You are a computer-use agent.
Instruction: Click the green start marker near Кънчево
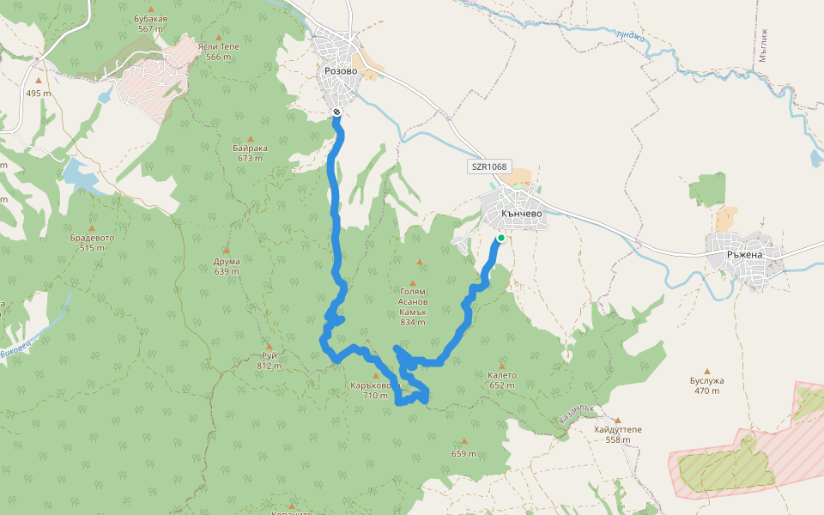coord(500,238)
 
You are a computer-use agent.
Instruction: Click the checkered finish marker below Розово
coord(336,112)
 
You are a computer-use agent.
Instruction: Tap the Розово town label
coord(341,71)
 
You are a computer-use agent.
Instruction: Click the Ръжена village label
coord(743,254)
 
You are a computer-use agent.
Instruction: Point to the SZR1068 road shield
coord(489,167)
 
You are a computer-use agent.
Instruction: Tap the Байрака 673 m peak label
coord(250,153)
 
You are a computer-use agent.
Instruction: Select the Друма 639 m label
coord(227,266)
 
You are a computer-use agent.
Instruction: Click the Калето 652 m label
coord(502,379)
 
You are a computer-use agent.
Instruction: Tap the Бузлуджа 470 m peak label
coord(707,385)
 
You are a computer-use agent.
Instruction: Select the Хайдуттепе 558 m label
coord(617,434)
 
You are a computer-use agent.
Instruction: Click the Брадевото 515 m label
coord(92,242)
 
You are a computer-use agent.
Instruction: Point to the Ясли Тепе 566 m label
coord(218,51)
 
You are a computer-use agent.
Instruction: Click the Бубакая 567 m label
coord(150,23)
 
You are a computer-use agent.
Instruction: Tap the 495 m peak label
coord(38,93)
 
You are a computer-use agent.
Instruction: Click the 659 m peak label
coord(463,453)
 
